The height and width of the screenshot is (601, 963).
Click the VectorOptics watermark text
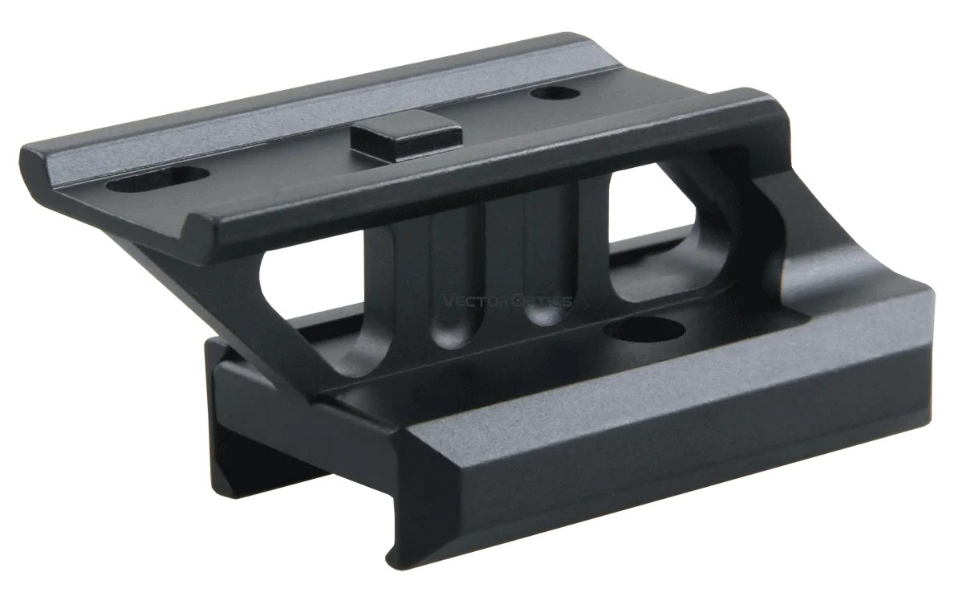coord(507,301)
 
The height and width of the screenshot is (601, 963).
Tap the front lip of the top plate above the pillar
coord(481,181)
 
